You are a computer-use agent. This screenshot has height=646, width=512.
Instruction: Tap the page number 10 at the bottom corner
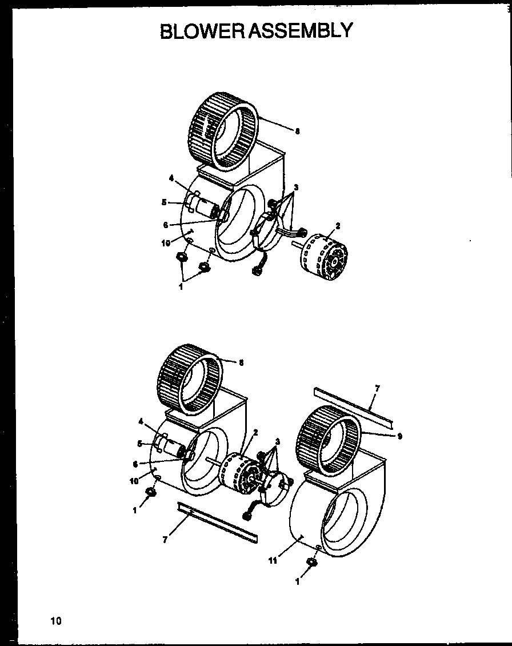point(55,620)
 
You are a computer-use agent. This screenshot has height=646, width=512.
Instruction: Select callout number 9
point(399,436)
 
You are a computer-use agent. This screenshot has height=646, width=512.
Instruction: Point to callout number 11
point(273,561)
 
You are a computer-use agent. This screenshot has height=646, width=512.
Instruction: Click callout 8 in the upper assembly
point(297,131)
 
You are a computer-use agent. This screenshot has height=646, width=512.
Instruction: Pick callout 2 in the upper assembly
point(338,226)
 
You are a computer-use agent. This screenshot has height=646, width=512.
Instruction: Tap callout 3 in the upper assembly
point(297,188)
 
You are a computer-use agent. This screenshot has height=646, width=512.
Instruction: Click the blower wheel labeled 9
point(327,440)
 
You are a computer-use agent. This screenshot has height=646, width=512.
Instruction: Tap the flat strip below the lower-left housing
point(217,523)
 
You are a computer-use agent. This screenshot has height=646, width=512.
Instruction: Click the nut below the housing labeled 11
point(313,563)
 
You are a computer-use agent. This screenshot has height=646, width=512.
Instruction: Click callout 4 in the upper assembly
point(170,178)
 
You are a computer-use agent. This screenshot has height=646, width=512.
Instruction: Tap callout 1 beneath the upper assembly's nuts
point(181,287)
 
